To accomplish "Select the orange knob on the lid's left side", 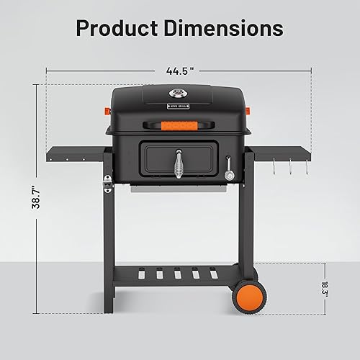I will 108,112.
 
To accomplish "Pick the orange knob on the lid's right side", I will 250,112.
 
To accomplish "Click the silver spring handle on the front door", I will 179,163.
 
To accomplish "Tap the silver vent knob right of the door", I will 230,175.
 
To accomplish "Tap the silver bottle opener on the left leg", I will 109,184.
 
